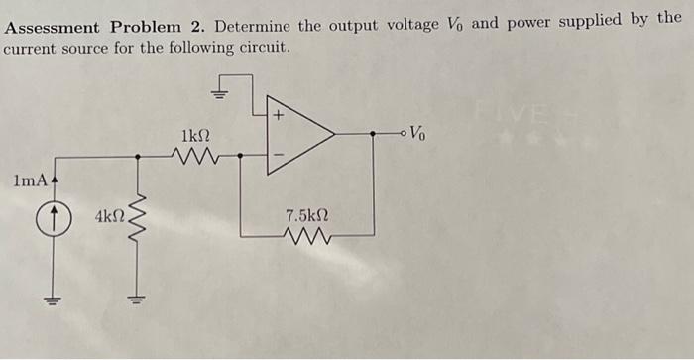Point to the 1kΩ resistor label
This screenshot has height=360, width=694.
pos(194,134)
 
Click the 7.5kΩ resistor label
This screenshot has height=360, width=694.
pos(306,215)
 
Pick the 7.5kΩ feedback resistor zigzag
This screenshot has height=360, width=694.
pos(306,235)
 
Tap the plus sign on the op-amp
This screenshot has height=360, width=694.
pos(279,116)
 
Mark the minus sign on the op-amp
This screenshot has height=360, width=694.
pos(279,153)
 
